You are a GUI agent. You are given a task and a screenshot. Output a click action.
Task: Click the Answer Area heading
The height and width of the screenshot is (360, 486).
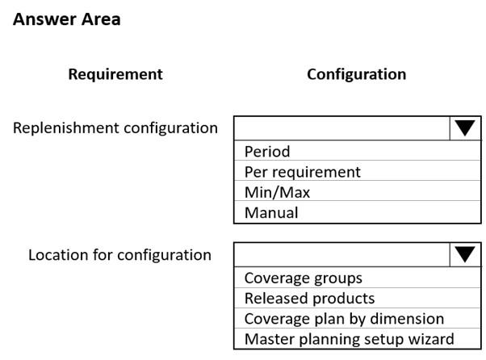(x=67, y=19)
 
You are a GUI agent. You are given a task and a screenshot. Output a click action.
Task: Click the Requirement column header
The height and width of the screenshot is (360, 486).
(x=115, y=74)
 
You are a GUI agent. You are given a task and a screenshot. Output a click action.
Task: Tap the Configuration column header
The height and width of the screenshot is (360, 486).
(x=357, y=74)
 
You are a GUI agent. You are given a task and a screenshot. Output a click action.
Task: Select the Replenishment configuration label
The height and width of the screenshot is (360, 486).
(x=115, y=128)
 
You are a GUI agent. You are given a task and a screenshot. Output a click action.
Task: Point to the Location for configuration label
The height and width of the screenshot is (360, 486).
(x=120, y=255)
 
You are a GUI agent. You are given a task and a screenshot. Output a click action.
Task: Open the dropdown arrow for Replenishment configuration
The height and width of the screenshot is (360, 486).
(x=465, y=128)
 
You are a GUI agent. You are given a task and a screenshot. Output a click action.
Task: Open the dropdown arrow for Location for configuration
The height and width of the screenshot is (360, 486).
(x=465, y=254)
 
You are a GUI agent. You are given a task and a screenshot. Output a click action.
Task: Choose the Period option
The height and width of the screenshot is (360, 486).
(x=267, y=152)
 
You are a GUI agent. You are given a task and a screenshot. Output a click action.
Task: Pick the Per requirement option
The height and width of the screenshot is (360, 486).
(x=303, y=172)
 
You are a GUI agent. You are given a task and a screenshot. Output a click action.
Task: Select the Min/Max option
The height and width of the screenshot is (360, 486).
(x=277, y=192)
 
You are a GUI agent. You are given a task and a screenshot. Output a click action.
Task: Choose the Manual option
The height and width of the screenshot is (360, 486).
(x=271, y=212)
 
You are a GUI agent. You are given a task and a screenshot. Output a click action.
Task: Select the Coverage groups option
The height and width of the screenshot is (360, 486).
(x=303, y=278)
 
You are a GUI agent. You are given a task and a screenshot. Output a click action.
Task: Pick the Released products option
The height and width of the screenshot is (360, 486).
(x=309, y=299)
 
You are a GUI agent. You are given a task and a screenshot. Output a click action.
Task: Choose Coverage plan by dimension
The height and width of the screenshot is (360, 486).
(x=344, y=319)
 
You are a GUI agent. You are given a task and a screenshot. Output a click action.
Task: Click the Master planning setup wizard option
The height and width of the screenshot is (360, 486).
(x=349, y=339)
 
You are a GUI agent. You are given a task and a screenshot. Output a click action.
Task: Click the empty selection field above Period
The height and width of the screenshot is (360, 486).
(x=341, y=128)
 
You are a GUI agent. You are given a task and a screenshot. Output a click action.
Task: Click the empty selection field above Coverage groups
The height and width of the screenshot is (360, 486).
(x=341, y=254)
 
